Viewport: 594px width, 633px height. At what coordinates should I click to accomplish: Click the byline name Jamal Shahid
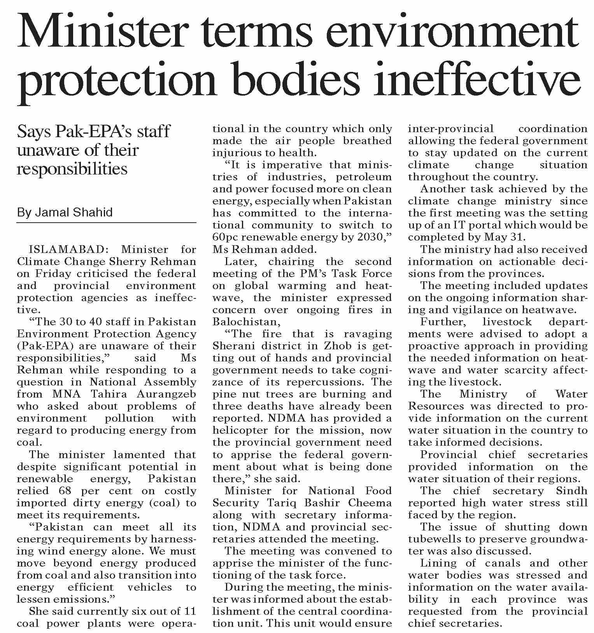click(74, 212)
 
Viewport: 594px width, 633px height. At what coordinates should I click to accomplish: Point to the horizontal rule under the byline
click(106, 223)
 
